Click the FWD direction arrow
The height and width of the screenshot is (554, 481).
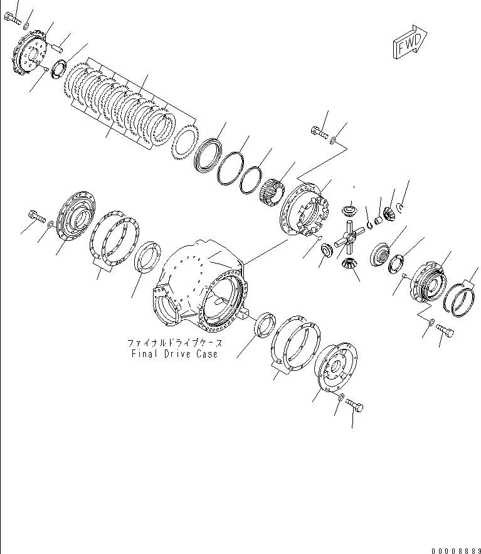point(410,43)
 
